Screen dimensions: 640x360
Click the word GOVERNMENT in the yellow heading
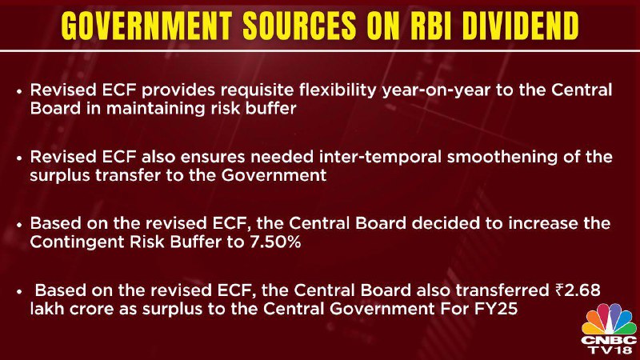(x=146, y=26)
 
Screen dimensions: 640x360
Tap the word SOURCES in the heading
(x=299, y=26)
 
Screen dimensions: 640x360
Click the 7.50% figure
(x=275, y=242)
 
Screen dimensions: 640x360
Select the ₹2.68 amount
(x=578, y=290)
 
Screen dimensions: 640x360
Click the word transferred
(x=502, y=290)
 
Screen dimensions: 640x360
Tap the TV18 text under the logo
(x=609, y=350)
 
